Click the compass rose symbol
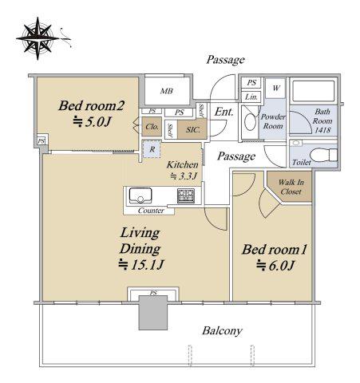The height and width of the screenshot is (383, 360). [x=38, y=38]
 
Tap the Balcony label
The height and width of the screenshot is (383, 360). [x=222, y=331]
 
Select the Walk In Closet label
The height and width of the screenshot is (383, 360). [x=291, y=187]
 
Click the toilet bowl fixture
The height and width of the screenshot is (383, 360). [x=323, y=155]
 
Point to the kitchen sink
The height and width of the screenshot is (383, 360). [x=140, y=195]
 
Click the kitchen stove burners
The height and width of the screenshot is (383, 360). [x=186, y=195]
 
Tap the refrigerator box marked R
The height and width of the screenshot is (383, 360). [x=152, y=149]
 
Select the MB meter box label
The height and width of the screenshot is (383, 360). [x=167, y=91]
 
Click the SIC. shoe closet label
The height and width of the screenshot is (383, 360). [x=193, y=130]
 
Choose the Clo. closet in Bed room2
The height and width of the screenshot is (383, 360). [x=152, y=127]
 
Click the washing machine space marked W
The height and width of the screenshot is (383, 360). [x=275, y=88]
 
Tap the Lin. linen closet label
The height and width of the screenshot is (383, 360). [x=251, y=97]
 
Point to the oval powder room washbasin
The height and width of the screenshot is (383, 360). [x=250, y=122]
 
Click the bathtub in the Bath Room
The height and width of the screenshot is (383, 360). [x=313, y=91]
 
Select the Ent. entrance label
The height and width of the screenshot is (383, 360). [x=224, y=112]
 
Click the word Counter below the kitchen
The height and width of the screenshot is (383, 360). [x=151, y=211]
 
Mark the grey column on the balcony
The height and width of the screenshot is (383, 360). [x=153, y=313]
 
